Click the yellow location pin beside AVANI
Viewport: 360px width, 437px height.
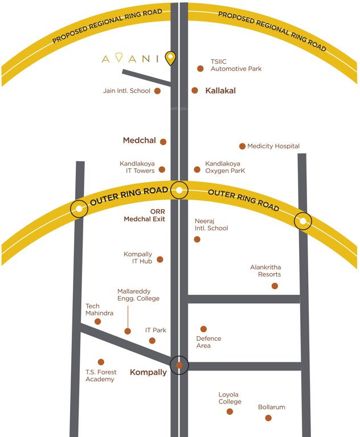coord(170,57)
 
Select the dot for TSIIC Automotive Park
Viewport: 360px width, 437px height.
coord(201,69)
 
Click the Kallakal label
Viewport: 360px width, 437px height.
coord(221,90)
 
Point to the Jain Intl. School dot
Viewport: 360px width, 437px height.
coord(158,90)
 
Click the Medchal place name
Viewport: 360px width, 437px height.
coord(139,141)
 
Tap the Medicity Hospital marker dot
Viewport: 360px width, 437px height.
coord(243,146)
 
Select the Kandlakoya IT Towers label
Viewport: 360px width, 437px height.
coord(141,167)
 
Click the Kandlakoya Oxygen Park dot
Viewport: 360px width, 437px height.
coord(197,170)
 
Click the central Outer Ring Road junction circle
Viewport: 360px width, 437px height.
coord(179,191)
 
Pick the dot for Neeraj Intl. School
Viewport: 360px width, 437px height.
coord(197,240)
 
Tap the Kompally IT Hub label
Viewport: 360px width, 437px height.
coord(138,258)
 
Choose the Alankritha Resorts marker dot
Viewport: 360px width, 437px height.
coord(275,286)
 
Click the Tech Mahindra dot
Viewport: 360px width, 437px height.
coord(98,321)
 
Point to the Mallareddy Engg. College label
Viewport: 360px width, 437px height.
coord(138,295)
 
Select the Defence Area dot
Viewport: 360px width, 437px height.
coord(203,329)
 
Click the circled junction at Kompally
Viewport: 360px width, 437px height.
coord(179,365)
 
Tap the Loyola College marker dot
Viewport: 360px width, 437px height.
coord(230,411)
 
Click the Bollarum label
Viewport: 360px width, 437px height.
coord(271,407)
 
